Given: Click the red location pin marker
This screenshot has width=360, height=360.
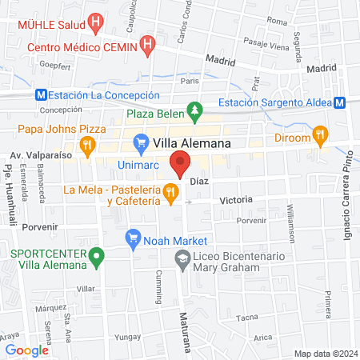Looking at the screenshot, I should click(x=181, y=168).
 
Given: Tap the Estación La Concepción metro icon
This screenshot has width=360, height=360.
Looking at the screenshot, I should click(x=41, y=94).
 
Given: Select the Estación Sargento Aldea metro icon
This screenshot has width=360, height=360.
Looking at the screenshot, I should click(x=339, y=102).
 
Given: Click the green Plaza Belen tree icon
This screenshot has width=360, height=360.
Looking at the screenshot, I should click(x=193, y=109).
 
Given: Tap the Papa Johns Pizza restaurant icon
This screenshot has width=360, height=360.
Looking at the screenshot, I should click(x=90, y=145).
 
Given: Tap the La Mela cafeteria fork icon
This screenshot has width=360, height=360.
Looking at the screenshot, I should click(x=170, y=192).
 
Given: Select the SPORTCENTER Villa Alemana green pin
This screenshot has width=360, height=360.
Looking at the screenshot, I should click(x=97, y=258).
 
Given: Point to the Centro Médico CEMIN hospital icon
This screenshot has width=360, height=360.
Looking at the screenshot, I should click(x=146, y=46).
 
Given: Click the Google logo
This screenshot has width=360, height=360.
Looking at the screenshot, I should click(x=26, y=350).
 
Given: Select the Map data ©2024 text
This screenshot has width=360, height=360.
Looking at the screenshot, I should click(x=325, y=353).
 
